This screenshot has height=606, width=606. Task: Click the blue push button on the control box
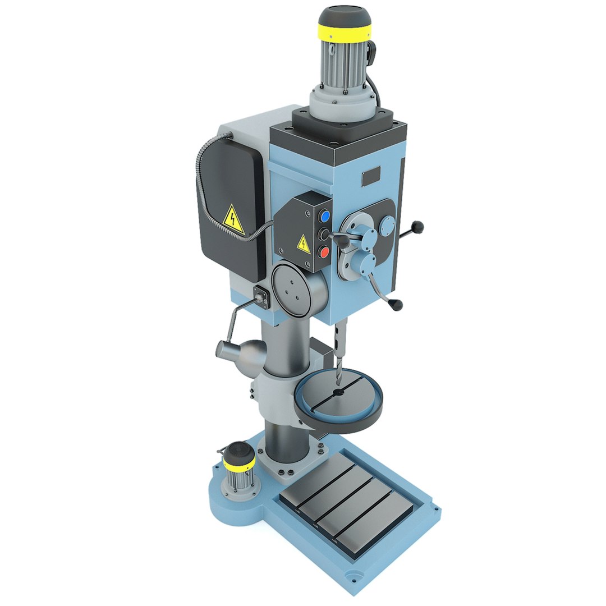[324, 216]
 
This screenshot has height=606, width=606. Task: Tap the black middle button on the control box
[324, 234]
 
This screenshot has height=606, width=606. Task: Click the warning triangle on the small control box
[303, 244]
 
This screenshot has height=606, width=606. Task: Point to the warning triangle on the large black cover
[233, 219]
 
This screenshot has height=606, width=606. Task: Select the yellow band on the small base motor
[239, 462]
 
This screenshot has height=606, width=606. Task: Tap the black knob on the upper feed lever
[417, 227]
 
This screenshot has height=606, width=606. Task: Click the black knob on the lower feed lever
[397, 305]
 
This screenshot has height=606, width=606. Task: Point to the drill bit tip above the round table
[338, 384]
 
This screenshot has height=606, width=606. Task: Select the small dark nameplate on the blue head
[371, 177]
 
